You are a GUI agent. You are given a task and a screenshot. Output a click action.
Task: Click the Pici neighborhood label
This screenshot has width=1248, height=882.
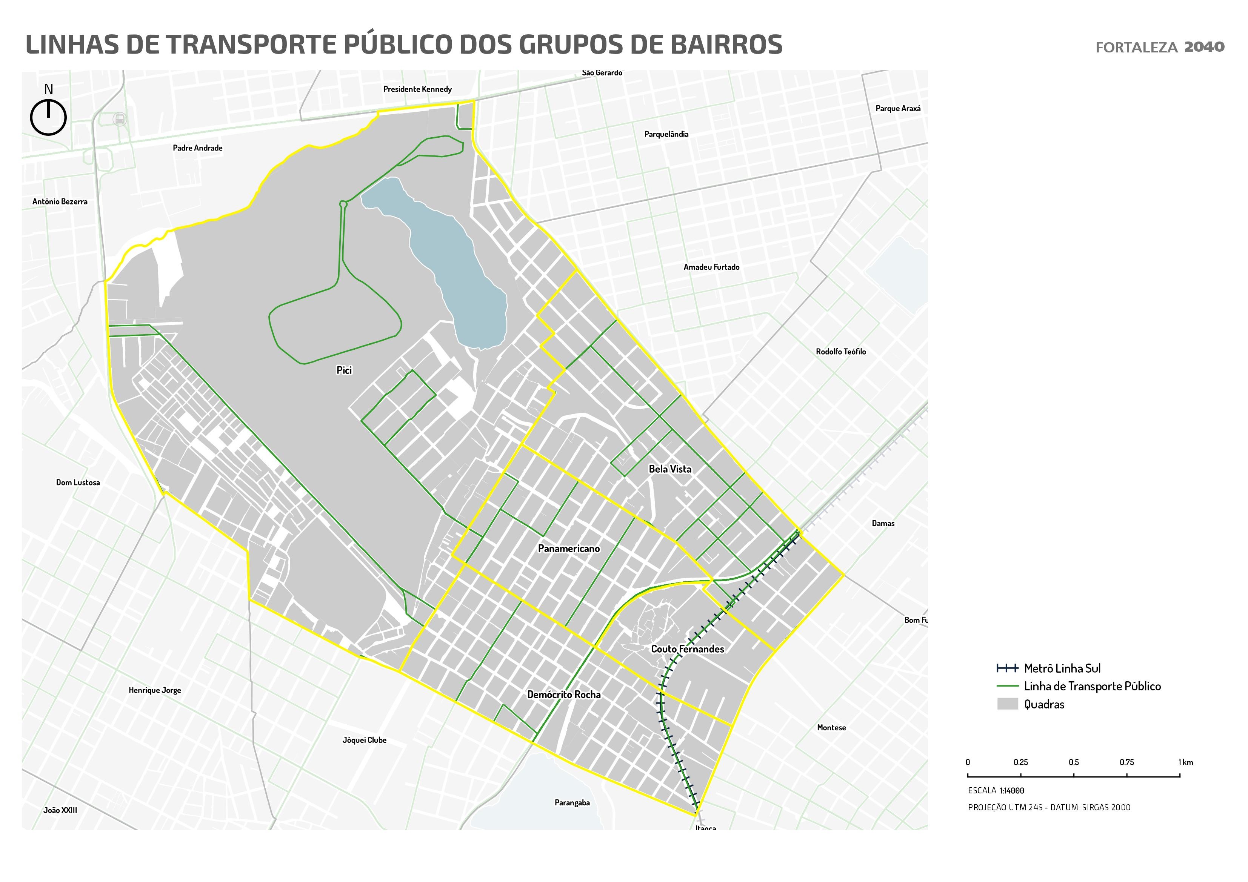[344, 370]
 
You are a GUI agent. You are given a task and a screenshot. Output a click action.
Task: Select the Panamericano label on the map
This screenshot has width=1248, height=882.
[569, 549]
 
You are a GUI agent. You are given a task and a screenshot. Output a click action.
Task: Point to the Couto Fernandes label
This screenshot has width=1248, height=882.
[687, 649]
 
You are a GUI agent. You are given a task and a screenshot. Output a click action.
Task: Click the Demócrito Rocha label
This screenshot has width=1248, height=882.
[564, 695]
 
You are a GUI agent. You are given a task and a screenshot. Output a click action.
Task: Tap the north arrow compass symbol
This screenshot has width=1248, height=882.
[48, 117]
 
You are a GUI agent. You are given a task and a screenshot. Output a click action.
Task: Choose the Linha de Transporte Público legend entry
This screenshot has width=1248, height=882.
[1091, 686]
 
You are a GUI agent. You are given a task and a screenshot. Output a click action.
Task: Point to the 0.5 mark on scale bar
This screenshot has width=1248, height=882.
[1074, 762]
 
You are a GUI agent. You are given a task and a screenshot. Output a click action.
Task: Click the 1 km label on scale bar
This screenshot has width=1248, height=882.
[1185, 762]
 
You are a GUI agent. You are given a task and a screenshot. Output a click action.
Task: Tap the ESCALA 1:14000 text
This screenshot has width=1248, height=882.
[996, 791]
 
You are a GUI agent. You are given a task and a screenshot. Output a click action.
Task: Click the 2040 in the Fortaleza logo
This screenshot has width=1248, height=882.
[1204, 47]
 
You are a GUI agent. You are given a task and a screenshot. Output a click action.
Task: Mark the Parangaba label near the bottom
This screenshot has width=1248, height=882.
[572, 803]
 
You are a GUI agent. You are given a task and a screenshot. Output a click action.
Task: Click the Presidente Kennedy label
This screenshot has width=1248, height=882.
[417, 89]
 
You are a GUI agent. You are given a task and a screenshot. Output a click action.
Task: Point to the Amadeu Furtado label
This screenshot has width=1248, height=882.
[711, 267]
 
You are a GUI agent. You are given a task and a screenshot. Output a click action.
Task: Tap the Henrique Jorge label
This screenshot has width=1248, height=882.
[155, 690]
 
